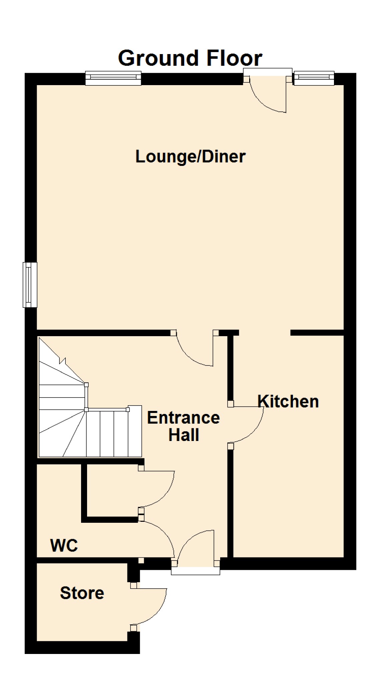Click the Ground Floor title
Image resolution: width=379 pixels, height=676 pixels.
(190, 58)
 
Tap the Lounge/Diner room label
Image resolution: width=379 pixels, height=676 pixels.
(191, 157)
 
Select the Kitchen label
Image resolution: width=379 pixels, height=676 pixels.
(288, 401)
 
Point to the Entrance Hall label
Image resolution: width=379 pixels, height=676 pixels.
(183, 426)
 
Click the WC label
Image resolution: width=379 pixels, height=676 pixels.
(64, 545)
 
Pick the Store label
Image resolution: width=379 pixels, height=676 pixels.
(82, 593)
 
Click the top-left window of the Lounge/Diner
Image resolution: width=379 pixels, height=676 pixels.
(113, 78)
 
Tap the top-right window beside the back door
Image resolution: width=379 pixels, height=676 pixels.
(314, 78)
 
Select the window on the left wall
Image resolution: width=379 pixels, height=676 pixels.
(30, 285)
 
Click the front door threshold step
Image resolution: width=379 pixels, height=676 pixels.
(196, 571)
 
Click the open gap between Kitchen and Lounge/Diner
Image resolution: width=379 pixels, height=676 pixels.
(265, 333)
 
